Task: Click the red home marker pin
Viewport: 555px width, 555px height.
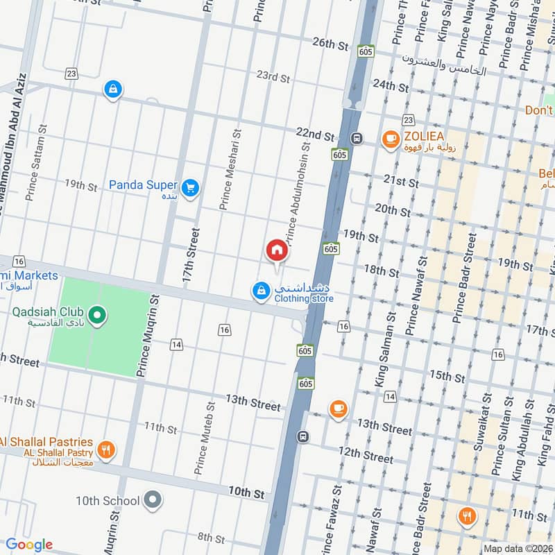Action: point(276,250)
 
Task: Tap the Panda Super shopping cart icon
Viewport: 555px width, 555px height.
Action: point(190,187)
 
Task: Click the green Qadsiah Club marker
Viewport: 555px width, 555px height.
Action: point(97,316)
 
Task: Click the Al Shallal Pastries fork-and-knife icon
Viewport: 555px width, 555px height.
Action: point(105,449)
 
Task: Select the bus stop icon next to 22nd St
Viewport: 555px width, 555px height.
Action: point(357,137)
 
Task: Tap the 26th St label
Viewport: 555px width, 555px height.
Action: point(330,43)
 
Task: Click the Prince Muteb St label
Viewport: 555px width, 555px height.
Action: point(205,437)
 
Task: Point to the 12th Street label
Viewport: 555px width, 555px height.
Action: point(366,455)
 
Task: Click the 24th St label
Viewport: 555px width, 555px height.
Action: point(390,86)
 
